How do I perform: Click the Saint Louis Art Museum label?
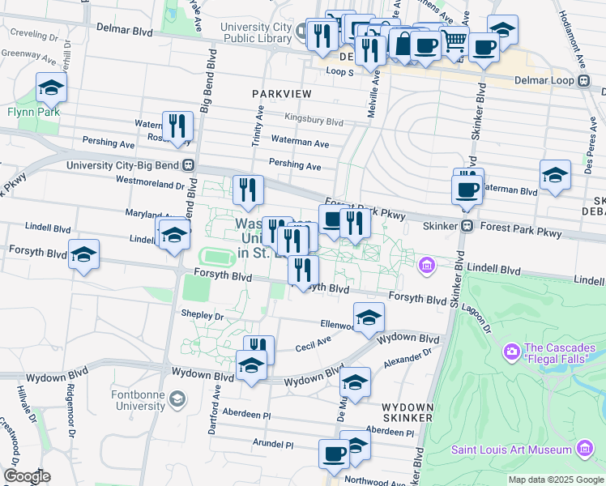(x=512, y=450)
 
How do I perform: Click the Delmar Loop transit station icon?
(x=583, y=80)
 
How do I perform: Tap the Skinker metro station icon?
(x=467, y=227)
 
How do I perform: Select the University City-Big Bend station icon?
(x=188, y=164)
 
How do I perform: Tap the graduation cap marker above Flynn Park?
(x=51, y=87)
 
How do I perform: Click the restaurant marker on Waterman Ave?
(x=177, y=127)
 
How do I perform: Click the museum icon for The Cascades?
(x=511, y=351)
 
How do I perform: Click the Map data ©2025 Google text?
(x=556, y=480)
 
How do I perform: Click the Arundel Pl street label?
(x=272, y=445)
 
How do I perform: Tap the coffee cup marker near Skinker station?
(x=467, y=190)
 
